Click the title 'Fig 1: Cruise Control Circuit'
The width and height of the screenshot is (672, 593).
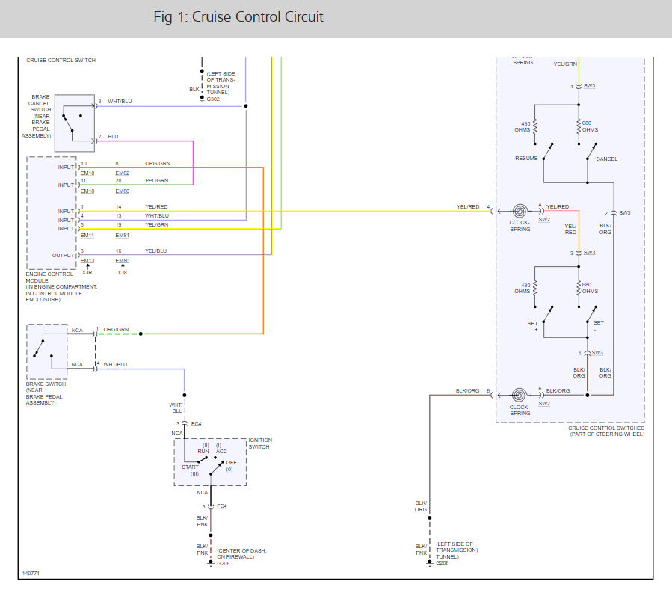click(x=238, y=17)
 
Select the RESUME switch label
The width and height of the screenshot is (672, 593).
click(x=526, y=159)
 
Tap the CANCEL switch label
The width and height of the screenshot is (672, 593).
click(x=606, y=159)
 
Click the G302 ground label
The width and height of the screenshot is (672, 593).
click(x=213, y=99)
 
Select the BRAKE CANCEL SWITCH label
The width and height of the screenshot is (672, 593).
click(x=41, y=116)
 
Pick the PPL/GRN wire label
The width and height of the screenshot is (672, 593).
click(x=156, y=180)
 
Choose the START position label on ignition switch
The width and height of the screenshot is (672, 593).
click(x=191, y=467)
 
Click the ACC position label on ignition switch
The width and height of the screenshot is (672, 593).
click(x=221, y=452)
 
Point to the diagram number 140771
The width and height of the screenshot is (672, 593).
click(x=31, y=573)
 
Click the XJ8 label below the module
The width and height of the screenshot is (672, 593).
click(x=123, y=272)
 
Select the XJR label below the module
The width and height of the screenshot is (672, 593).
click(x=87, y=272)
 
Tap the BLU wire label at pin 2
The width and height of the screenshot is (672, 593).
click(x=113, y=136)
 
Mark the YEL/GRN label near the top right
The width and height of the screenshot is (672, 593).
click(x=565, y=64)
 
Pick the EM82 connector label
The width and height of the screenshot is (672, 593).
click(x=123, y=173)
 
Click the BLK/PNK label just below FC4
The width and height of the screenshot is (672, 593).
click(x=202, y=520)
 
